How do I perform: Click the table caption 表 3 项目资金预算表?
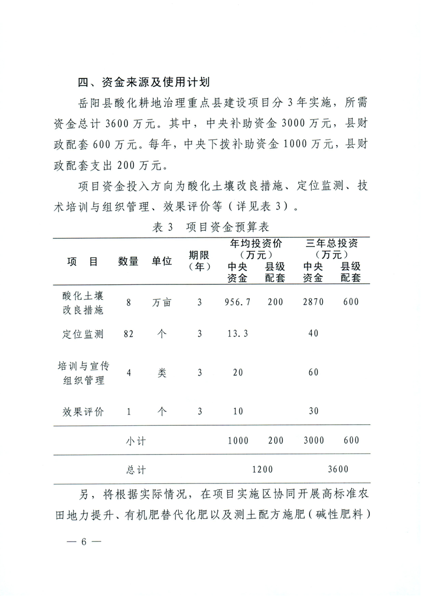point(211,227)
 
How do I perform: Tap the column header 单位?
point(162,261)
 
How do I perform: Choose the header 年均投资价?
point(256,243)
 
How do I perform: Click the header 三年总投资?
point(331,243)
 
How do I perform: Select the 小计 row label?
point(136,441)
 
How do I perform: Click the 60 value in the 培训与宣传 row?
point(313,372)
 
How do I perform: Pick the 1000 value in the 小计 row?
point(238,441)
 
